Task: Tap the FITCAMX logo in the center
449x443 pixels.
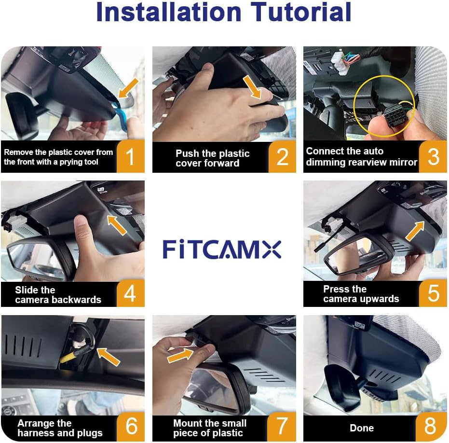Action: click(x=222, y=249)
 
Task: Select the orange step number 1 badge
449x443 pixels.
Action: click(x=130, y=157)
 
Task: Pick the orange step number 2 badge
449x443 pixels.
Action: click(x=282, y=157)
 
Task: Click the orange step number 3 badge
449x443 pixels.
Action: click(x=433, y=157)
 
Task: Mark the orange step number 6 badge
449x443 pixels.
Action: click(x=131, y=427)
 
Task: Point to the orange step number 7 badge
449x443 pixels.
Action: click(x=282, y=427)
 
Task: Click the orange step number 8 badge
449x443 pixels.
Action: click(x=430, y=427)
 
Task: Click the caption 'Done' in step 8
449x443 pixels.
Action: click(x=362, y=428)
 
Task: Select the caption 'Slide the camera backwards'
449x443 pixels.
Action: click(x=58, y=295)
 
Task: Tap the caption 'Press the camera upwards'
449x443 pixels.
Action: click(x=361, y=294)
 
